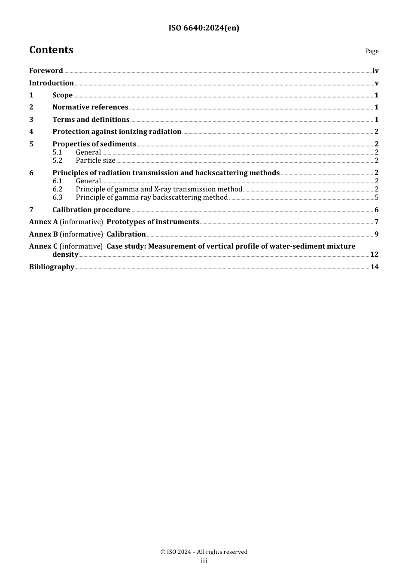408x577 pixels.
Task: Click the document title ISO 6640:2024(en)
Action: click(204, 28)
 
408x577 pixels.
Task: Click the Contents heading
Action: click(51, 50)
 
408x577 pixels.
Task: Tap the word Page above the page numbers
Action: click(371, 51)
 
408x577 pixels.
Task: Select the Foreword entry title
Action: click(46, 71)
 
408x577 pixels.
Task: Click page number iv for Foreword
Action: click(375, 71)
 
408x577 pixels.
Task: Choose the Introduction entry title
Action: click(51, 83)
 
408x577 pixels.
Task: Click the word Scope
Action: click(62, 95)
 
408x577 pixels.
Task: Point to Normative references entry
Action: click(90, 107)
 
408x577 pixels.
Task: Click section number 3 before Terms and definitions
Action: click(31, 119)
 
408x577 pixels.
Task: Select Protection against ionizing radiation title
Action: click(117, 132)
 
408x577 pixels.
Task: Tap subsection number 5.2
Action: click(58, 161)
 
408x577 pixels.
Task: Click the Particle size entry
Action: click(95, 161)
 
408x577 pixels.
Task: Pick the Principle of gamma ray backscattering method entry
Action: click(152, 197)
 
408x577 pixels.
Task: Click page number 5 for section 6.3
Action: click(377, 197)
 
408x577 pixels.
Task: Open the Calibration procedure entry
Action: click(91, 210)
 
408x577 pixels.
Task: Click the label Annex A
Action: click(43, 222)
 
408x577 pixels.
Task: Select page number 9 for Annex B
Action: click(376, 234)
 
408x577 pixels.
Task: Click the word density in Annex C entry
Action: click(65, 255)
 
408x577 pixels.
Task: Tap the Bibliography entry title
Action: click(52, 267)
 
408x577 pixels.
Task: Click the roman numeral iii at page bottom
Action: click(204, 561)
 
